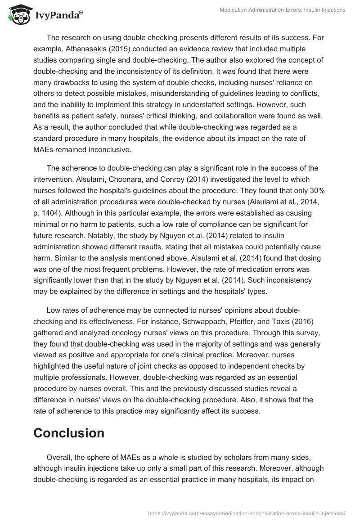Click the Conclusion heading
pos(69,432)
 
